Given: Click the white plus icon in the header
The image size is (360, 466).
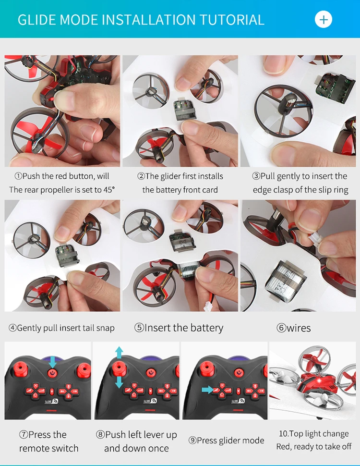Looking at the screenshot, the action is point(324,20).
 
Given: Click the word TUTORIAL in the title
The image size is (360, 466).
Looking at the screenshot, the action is point(232,20).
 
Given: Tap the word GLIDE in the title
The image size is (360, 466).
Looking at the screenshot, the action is point(37,20).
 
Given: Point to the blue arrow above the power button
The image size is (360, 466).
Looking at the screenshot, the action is point(53,362).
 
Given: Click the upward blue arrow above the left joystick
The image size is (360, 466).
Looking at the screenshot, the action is point(119,353).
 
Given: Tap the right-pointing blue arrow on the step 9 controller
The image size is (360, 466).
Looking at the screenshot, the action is point(208,390).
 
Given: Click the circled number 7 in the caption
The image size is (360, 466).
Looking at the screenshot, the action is point(24,435).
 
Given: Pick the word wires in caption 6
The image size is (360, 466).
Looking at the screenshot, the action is point(299,328).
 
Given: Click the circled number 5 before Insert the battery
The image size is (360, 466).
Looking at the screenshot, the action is point(139,328).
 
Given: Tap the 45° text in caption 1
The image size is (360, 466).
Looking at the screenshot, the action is point(109,190).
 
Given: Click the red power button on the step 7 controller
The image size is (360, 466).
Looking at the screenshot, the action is point(53,372).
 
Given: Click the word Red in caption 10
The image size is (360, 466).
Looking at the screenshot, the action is point(282,446).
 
